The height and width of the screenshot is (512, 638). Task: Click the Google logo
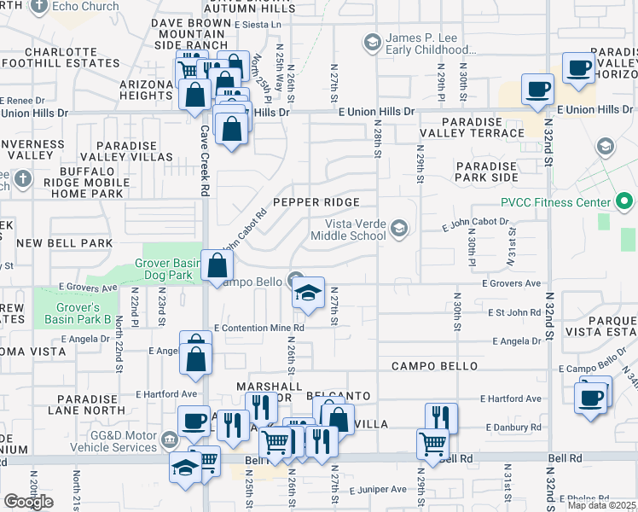(x=28, y=502)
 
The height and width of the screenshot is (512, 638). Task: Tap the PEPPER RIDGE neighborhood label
(x=312, y=201)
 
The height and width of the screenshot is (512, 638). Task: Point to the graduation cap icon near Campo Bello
(x=308, y=294)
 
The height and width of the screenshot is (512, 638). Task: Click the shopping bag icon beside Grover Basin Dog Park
(x=217, y=265)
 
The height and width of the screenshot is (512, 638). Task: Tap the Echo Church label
(x=73, y=6)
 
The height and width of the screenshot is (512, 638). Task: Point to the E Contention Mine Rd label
(x=259, y=328)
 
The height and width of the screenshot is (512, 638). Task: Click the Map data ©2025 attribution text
(x=601, y=504)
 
